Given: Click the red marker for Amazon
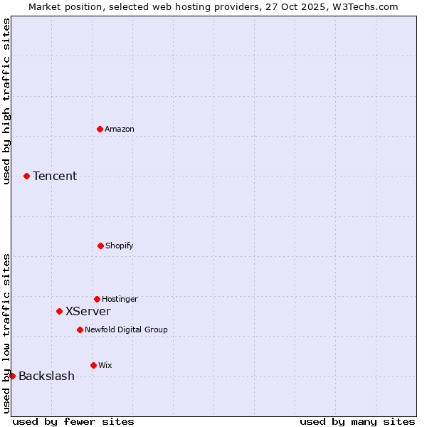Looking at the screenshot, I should (x=100, y=129).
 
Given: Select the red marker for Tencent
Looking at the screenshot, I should (x=26, y=176).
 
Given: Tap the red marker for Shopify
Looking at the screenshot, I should (x=100, y=246).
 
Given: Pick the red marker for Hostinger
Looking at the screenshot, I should (x=97, y=299).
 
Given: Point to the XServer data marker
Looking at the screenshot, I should (x=59, y=311).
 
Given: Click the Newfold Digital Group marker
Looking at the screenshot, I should (x=80, y=330).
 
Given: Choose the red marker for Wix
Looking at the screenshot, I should (x=93, y=365).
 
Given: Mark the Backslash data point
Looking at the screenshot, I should (x=12, y=376).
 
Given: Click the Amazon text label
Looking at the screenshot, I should (x=120, y=129).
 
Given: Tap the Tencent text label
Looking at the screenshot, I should (x=55, y=176).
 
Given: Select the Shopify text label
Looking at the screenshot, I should (x=120, y=246).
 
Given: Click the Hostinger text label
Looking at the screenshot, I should (x=120, y=299).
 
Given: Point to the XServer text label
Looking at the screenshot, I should (x=88, y=312).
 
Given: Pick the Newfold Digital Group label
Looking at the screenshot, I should (x=126, y=330).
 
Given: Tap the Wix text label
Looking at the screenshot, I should (x=105, y=365).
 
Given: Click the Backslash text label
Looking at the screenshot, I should (x=46, y=376).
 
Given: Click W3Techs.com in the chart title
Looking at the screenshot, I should (x=364, y=6).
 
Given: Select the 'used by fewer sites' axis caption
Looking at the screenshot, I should (x=73, y=421).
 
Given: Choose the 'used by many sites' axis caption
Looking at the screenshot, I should (x=357, y=421).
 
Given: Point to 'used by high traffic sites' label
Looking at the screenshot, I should (x=6, y=101).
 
